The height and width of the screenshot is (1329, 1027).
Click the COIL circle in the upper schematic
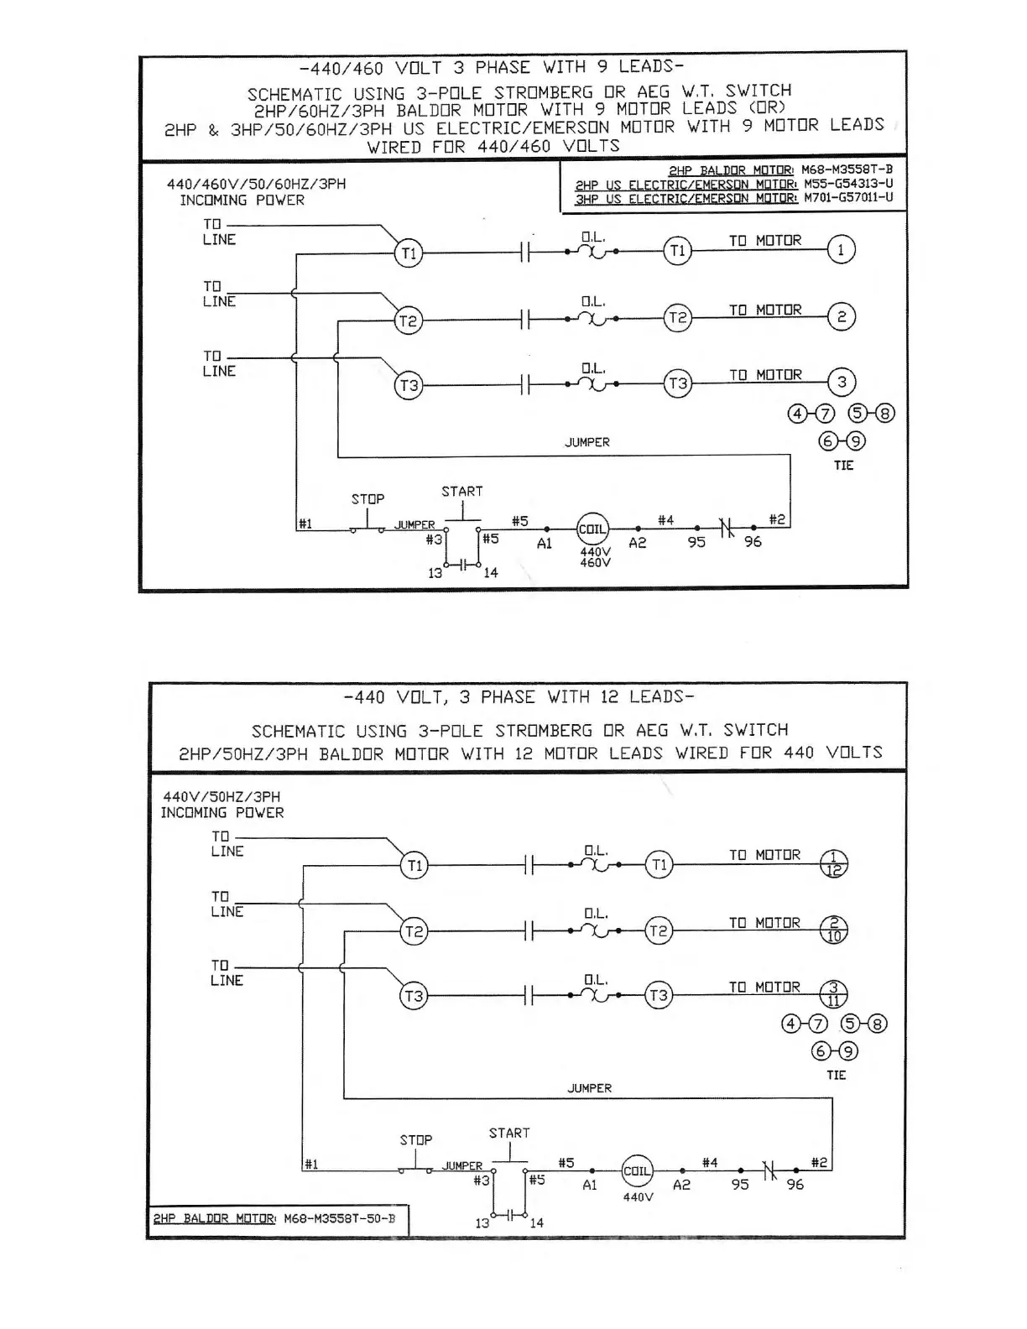592,529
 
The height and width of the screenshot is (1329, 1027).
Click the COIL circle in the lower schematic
637,1171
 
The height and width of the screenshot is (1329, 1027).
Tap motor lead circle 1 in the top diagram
842,249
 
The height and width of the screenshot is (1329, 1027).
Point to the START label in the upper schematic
462,492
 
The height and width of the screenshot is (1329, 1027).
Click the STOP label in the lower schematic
416,1140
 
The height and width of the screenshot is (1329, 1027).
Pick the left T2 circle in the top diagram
409,321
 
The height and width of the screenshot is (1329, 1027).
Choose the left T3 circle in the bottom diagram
414,996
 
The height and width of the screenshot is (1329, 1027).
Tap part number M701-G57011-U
848,199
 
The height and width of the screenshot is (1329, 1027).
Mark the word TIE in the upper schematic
843,466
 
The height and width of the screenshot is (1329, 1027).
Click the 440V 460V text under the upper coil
595,557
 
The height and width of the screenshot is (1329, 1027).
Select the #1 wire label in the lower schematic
310,1165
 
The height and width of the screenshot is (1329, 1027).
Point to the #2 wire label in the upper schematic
778,520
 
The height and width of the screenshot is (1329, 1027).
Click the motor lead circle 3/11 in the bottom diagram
834,994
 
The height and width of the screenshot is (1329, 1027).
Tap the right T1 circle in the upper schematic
677,251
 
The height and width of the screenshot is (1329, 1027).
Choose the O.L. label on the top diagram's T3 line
593,368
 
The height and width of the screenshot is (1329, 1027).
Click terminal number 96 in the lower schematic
795,1185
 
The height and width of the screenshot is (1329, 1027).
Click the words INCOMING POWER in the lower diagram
222,813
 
